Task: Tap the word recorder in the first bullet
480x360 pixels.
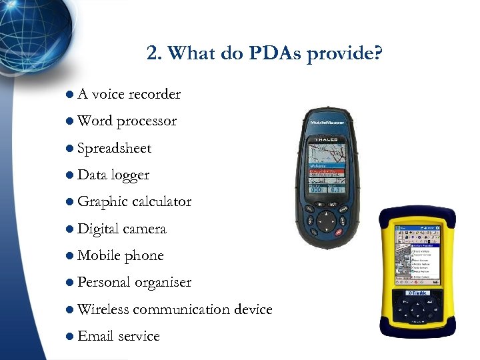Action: pyautogui.click(x=155, y=94)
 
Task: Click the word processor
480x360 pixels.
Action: pyautogui.click(x=146, y=121)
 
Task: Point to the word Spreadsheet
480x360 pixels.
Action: pyautogui.click(x=114, y=148)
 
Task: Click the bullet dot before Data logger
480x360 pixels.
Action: pyautogui.click(x=70, y=175)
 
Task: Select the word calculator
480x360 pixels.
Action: pyautogui.click(x=161, y=202)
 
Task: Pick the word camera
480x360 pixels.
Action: pyautogui.click(x=144, y=229)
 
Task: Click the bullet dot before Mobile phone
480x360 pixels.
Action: pyautogui.click(x=70, y=256)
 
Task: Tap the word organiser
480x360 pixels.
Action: pyautogui.click(x=163, y=283)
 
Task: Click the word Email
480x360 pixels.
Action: pyautogui.click(x=95, y=336)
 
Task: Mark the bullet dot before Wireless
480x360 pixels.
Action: pyautogui.click(x=70, y=310)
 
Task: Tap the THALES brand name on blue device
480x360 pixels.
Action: pyautogui.click(x=327, y=139)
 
